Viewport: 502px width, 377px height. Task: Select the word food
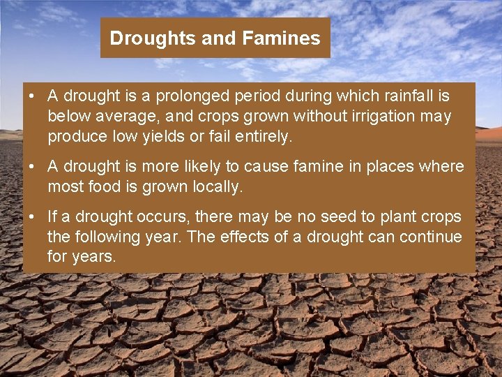pos(95,187)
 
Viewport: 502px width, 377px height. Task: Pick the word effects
pos(245,237)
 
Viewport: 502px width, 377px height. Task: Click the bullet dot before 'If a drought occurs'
pos(33,217)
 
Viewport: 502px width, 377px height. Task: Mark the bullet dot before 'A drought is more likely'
pos(33,167)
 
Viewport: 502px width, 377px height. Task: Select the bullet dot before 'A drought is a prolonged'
pos(33,96)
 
